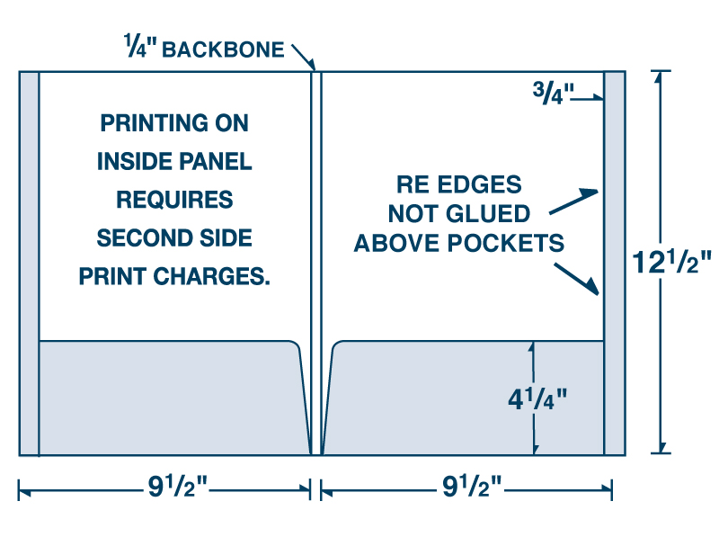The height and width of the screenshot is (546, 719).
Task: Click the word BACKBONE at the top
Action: coord(223,49)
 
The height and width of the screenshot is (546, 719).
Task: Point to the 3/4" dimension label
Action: coord(553,93)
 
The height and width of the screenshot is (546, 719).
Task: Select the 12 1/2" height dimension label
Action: coord(671,262)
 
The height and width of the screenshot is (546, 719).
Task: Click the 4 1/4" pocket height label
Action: coord(537,398)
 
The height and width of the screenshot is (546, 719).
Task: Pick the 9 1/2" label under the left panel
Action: coord(177,486)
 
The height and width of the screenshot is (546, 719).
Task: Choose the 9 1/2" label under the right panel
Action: coord(472,486)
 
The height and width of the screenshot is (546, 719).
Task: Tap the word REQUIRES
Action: coord(174,200)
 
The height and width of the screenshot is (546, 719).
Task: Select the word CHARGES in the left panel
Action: coord(211,276)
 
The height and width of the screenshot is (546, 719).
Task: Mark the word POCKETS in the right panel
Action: coord(506,243)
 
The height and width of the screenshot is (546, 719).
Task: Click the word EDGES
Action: coord(479,184)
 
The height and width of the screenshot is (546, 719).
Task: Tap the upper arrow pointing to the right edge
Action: coord(573,201)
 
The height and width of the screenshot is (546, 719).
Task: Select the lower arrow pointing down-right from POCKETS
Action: coord(576,279)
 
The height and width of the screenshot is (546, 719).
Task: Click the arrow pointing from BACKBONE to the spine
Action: coord(304,58)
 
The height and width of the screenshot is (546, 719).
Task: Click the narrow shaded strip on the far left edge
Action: coord(30,264)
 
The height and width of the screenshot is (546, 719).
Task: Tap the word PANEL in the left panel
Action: coord(215,161)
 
